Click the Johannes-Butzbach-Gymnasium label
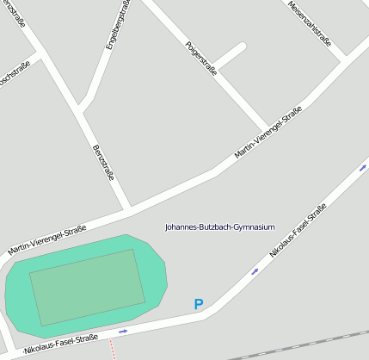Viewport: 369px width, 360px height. (x=220, y=227)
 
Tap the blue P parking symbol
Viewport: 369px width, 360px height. (x=199, y=304)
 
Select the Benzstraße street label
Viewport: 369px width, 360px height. (x=103, y=163)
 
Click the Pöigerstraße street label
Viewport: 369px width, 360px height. (x=201, y=59)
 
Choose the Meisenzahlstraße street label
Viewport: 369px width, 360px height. (x=311, y=22)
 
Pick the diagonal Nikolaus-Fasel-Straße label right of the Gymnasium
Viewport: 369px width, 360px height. (x=298, y=230)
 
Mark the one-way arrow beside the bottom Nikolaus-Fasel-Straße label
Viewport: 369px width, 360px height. (x=123, y=331)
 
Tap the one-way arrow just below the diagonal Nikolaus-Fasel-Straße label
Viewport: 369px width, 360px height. (x=255, y=271)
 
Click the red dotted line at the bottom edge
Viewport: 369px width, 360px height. (x=112, y=349)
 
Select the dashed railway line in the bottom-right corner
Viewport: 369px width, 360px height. (x=301, y=344)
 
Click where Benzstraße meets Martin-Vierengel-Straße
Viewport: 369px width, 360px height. (x=128, y=208)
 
